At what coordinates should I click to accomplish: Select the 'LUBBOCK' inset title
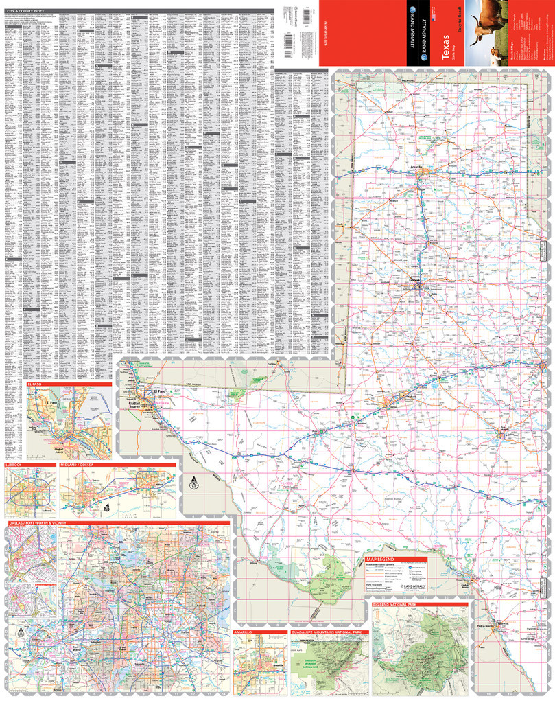pyautogui.click(x=14, y=465)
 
